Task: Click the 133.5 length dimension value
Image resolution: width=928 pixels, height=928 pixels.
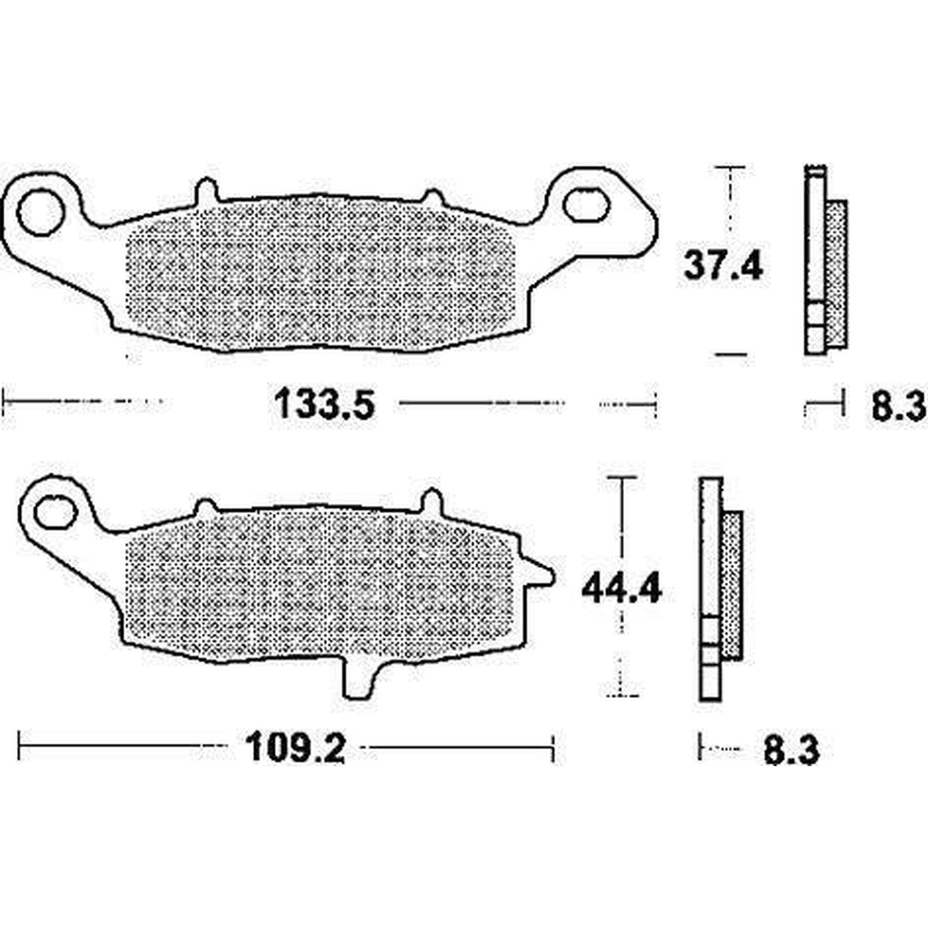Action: pyautogui.click(x=325, y=405)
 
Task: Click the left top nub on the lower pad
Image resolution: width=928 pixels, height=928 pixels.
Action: pyautogui.click(x=206, y=508)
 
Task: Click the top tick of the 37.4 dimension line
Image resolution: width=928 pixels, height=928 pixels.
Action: pyautogui.click(x=729, y=168)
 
